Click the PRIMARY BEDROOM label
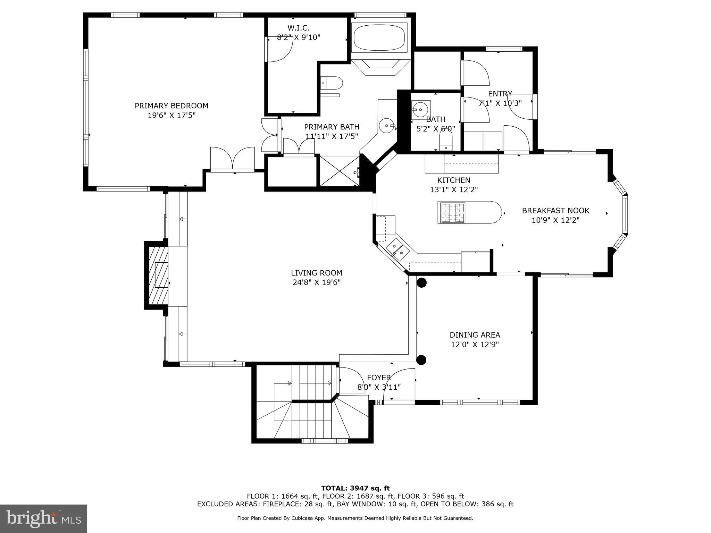point(172,106)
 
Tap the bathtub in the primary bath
point(379,37)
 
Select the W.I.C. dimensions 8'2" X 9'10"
point(299,37)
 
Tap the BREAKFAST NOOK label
point(555,211)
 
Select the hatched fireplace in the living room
point(159,275)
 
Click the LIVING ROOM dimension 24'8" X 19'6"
point(317,282)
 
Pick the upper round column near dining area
point(421,283)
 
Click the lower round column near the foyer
point(421,360)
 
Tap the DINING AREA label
point(475,335)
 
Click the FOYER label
point(379,378)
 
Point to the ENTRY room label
point(500,94)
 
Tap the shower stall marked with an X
point(339,171)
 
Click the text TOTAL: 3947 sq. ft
point(355,488)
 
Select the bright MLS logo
point(43,518)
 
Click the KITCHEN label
point(453,180)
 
